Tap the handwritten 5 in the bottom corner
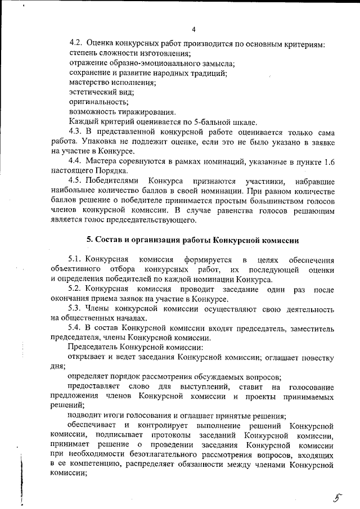pos(337,496)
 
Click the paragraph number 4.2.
pos(76,43)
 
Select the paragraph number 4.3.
pos(76,131)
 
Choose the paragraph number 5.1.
pos(76,259)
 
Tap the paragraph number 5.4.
pos(76,328)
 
